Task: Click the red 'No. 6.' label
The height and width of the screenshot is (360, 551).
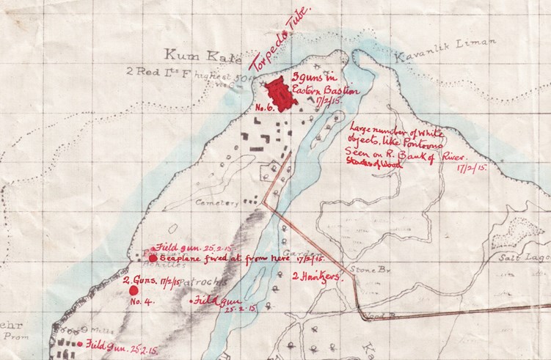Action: point(264,107)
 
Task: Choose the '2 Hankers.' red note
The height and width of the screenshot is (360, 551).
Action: point(315,277)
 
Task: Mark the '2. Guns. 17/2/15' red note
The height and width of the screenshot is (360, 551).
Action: point(146,279)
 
